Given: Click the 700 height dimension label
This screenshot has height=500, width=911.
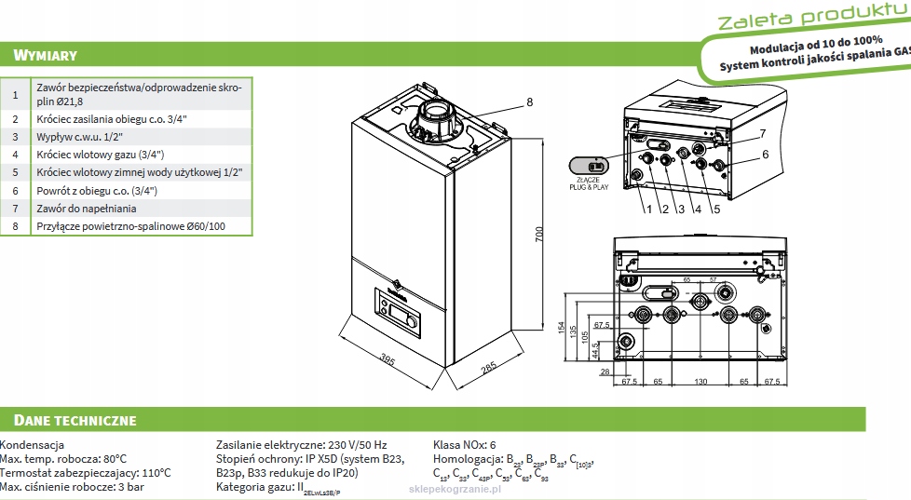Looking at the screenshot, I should click(538, 235).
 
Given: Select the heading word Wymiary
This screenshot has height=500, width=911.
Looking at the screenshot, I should click(39, 56).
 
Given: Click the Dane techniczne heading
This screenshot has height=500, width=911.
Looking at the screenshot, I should click(69, 420).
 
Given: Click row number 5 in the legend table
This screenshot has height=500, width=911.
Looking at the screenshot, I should click(15, 172).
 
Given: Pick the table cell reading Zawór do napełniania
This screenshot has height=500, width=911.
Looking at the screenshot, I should click(87, 209).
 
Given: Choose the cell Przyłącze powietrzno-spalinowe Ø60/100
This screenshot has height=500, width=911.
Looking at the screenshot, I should click(130, 226).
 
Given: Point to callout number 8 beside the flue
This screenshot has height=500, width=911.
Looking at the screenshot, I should click(529, 102).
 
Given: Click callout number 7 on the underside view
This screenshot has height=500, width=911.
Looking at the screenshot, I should click(761, 133).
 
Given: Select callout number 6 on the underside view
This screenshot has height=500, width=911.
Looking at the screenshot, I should click(765, 155).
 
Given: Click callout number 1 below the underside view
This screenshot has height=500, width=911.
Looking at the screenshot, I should click(647, 209).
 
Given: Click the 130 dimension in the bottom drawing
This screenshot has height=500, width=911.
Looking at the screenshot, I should click(700, 382).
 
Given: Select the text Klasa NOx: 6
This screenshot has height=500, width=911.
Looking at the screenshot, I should click(465, 445).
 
